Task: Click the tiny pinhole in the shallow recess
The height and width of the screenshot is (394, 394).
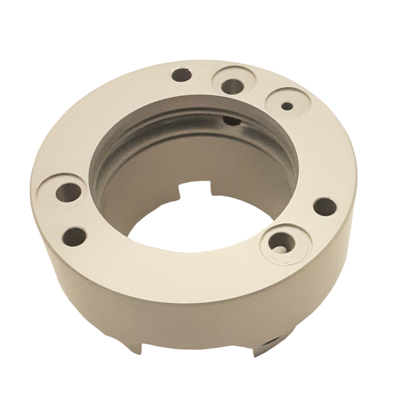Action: [x=287, y=105]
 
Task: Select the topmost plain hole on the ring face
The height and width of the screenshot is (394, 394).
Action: [x=181, y=74]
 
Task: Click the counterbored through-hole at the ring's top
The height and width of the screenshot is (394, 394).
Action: [x=231, y=86]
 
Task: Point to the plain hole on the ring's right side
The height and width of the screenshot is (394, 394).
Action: [x=323, y=206]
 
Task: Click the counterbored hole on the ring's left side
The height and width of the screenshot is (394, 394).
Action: [x=69, y=191]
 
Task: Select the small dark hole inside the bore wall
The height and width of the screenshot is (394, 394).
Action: [x=230, y=120]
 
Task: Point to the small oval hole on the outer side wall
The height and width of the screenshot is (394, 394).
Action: [x=269, y=341]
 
